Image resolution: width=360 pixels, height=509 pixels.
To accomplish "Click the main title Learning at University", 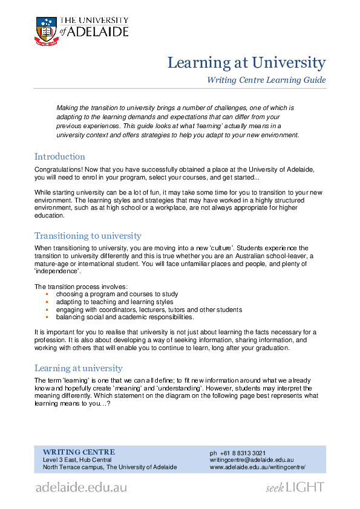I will [246, 63].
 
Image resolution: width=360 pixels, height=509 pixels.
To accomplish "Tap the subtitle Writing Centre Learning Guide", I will [266, 80].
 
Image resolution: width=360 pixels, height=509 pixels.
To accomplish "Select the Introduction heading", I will [60, 157].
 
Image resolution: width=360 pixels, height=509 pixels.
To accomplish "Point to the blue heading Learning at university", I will [78, 368].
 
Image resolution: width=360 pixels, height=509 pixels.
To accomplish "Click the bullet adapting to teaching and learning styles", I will [114, 302].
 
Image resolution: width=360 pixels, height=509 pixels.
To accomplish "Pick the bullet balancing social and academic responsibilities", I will [125, 317].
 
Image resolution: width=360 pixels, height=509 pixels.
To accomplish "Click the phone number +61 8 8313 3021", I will [238, 453].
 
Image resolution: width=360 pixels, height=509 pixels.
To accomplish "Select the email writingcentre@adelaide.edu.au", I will [252, 460].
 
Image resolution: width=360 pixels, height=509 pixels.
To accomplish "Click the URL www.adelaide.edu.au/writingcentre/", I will [258, 467].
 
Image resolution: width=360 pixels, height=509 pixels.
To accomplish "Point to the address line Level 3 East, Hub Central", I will [77, 460].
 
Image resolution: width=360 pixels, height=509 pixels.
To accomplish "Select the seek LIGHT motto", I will [295, 487].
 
